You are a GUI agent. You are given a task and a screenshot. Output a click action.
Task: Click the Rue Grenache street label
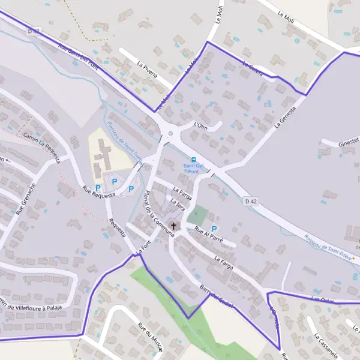click(x=26, y=200)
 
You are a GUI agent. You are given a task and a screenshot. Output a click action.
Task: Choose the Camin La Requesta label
click(x=42, y=148)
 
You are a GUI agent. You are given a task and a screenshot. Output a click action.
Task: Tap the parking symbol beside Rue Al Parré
click(x=214, y=229)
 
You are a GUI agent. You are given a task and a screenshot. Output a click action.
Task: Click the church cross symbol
click(x=174, y=226)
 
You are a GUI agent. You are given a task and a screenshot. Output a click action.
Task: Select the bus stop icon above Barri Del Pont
click(x=193, y=158)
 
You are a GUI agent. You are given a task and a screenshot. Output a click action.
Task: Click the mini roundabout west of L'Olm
click(x=171, y=134)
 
